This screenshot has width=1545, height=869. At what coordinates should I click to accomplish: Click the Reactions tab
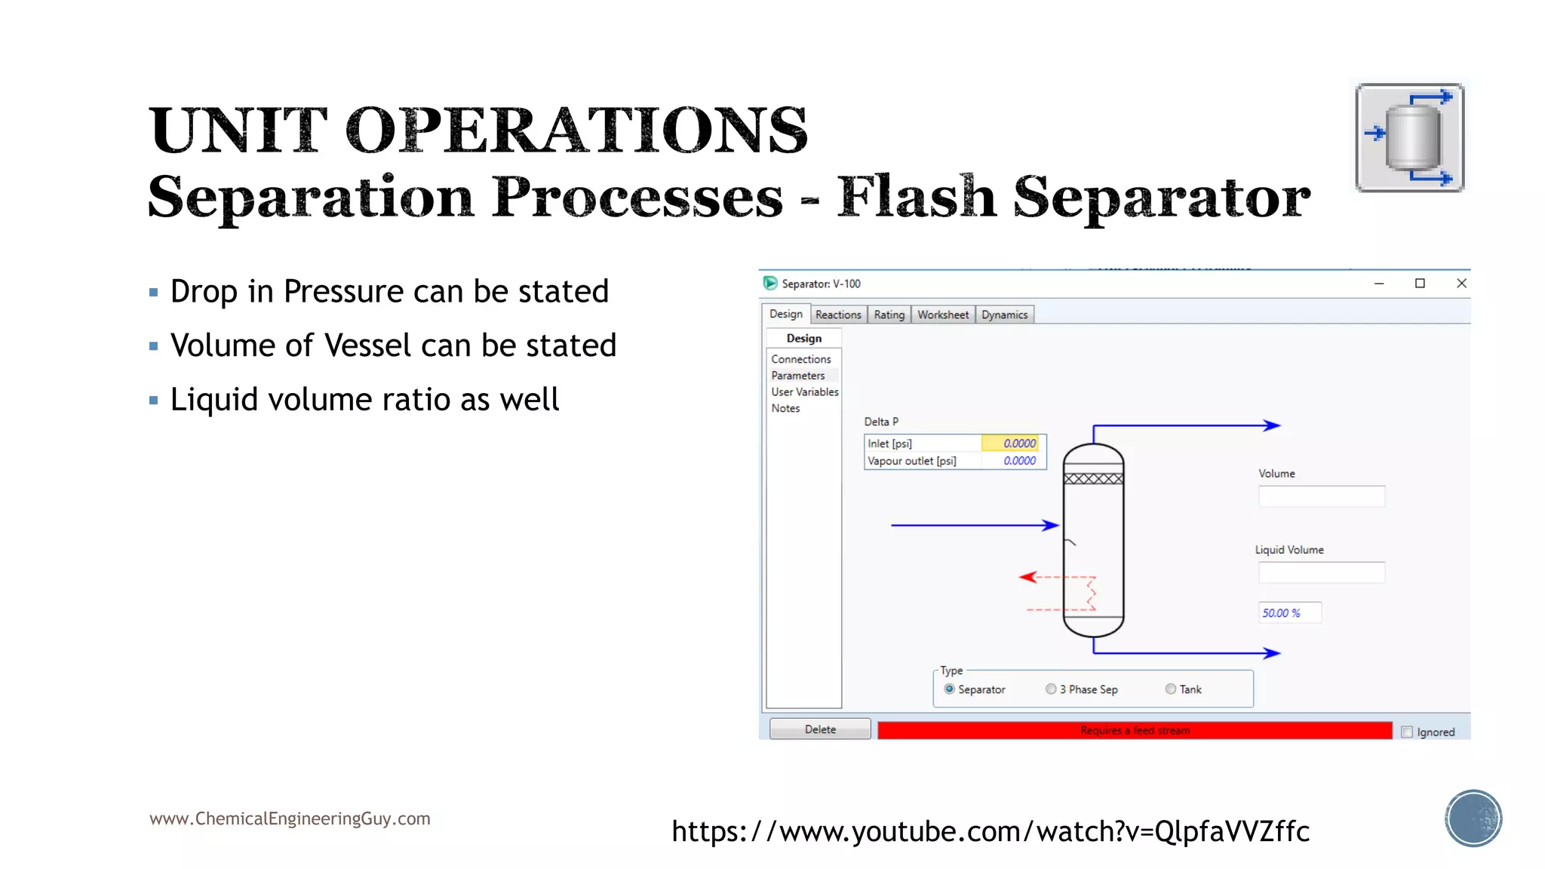837,315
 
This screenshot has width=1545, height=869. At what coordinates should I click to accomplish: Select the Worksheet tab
942,315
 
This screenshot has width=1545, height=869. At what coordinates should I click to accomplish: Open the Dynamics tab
1004,315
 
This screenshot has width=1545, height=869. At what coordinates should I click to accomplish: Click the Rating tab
889,315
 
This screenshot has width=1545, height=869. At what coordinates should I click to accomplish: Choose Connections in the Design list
800,359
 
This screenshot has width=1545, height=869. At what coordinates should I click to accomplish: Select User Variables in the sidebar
804,392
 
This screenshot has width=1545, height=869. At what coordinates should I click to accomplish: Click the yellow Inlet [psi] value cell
1012,444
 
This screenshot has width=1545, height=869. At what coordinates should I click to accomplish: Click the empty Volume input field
1321,496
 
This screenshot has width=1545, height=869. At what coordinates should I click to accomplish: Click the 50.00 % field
1289,613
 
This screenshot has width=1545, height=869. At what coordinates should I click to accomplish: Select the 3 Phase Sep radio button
1051,689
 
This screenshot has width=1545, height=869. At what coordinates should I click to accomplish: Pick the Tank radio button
1171,689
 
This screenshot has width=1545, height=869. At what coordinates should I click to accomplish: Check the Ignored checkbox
1407,732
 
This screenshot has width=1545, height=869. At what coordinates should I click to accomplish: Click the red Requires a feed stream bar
1134,730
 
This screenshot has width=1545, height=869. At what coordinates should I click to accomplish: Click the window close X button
1461,284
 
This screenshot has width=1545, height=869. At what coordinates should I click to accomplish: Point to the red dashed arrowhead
1027,577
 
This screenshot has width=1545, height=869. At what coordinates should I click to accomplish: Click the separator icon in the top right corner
1409,138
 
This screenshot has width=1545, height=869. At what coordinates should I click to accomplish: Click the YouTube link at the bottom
990,831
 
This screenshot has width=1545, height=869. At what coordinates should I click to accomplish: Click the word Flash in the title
917,198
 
